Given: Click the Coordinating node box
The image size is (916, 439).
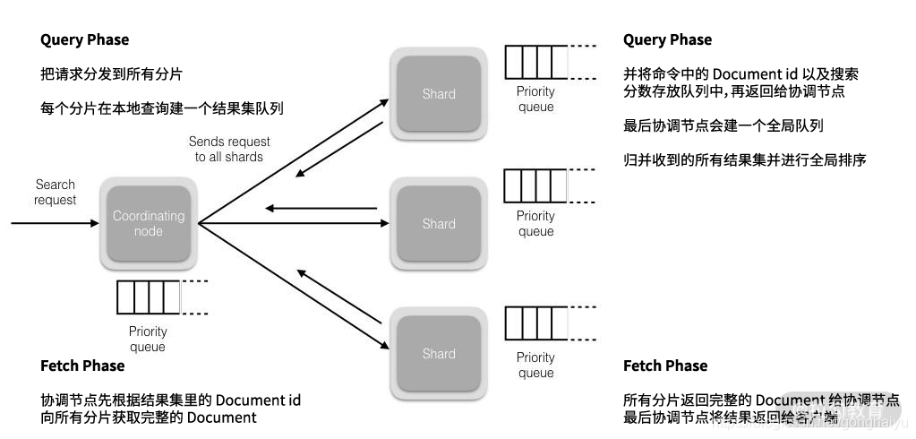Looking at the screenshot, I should (x=149, y=224).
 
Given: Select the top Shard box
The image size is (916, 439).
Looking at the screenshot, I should (x=439, y=94).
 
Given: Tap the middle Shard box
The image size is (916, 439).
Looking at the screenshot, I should (x=439, y=224).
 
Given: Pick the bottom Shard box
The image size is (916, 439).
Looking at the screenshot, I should (x=439, y=354).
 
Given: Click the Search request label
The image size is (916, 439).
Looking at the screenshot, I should (x=56, y=193).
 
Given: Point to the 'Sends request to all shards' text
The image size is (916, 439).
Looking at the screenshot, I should (x=229, y=149).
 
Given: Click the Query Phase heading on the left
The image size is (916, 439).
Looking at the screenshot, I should (x=85, y=39).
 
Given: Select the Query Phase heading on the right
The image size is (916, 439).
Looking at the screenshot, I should (x=667, y=39).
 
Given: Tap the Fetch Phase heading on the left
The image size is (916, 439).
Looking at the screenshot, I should (x=82, y=366).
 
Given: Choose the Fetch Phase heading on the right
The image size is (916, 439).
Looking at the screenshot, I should (x=665, y=366).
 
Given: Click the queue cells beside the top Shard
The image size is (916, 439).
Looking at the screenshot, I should (x=536, y=62).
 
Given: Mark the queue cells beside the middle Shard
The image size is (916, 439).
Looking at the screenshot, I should (x=536, y=186).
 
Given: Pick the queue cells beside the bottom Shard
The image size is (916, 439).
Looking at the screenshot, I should (x=536, y=323).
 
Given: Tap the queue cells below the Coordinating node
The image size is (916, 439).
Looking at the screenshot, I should (x=148, y=297).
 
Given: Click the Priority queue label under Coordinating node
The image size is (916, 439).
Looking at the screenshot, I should (x=148, y=340).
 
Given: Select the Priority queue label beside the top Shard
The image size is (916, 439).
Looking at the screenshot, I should (x=535, y=99).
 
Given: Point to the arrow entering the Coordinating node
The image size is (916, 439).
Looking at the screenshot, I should (x=54, y=223).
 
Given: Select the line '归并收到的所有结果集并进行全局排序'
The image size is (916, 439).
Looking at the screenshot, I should (x=745, y=160).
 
